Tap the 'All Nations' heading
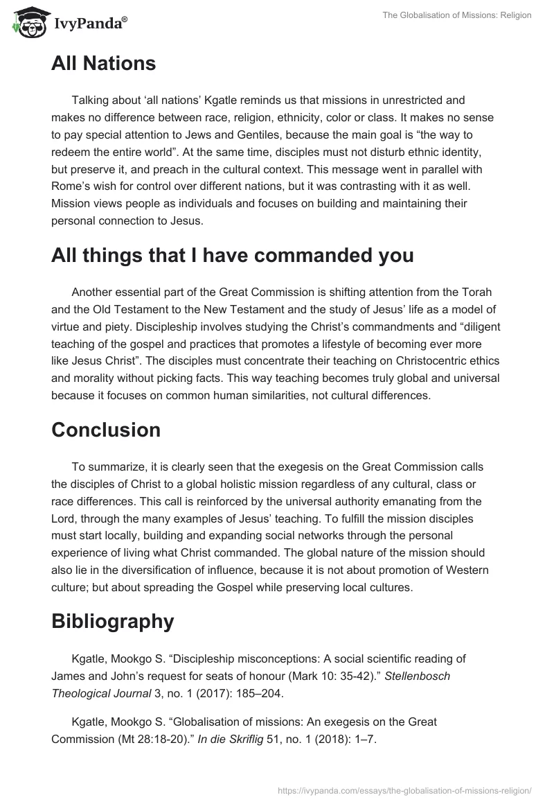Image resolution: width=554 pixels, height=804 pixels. tap(103, 64)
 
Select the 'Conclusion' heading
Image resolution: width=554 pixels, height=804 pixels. tap(106, 430)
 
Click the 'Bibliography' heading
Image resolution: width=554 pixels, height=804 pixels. tap(112, 622)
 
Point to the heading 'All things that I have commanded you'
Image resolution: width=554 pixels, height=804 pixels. tap(232, 255)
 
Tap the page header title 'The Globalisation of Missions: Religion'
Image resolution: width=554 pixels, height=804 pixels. tap(456, 15)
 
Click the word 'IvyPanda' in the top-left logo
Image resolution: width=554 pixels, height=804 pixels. tap(87, 24)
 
